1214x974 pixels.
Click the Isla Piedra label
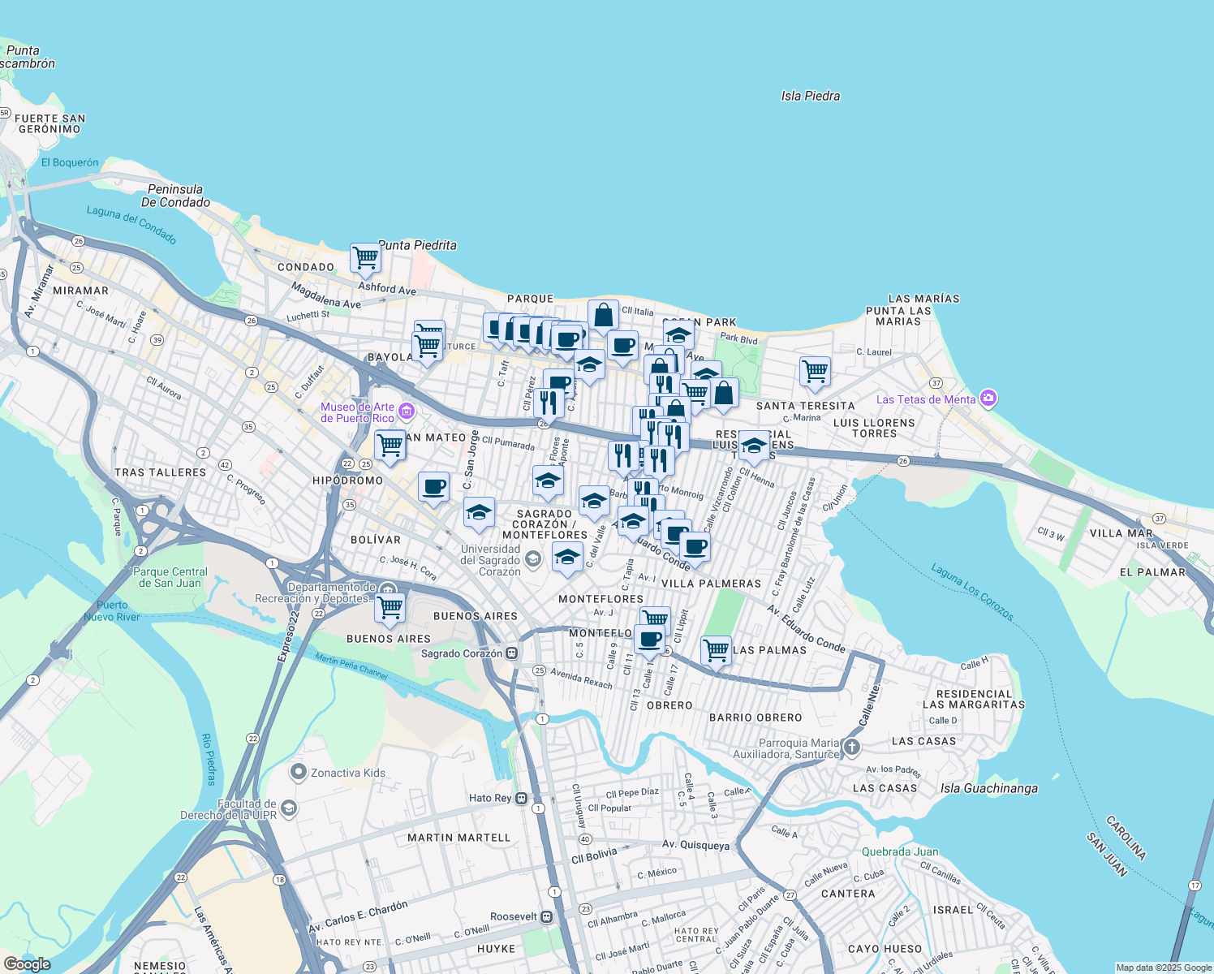click(x=810, y=96)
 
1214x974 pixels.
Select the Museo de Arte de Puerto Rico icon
click(x=407, y=412)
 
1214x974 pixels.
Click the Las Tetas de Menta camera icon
click(x=988, y=399)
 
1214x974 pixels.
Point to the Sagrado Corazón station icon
click(x=512, y=653)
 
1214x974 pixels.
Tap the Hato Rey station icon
click(x=521, y=798)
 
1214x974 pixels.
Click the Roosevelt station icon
click(x=547, y=916)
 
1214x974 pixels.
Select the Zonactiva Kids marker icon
click(x=298, y=772)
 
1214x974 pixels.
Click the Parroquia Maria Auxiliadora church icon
click(x=851, y=747)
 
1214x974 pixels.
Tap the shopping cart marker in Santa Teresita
click(x=815, y=371)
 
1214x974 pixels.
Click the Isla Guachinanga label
click(x=988, y=788)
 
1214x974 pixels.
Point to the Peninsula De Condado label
click(x=175, y=196)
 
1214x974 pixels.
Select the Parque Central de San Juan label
click(x=170, y=577)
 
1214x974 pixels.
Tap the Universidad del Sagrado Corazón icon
click(x=532, y=558)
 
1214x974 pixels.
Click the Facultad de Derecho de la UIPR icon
click(x=289, y=808)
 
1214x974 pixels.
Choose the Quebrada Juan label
click(x=900, y=851)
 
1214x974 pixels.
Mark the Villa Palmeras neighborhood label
click(x=711, y=584)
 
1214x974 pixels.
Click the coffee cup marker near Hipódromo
click(x=433, y=486)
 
